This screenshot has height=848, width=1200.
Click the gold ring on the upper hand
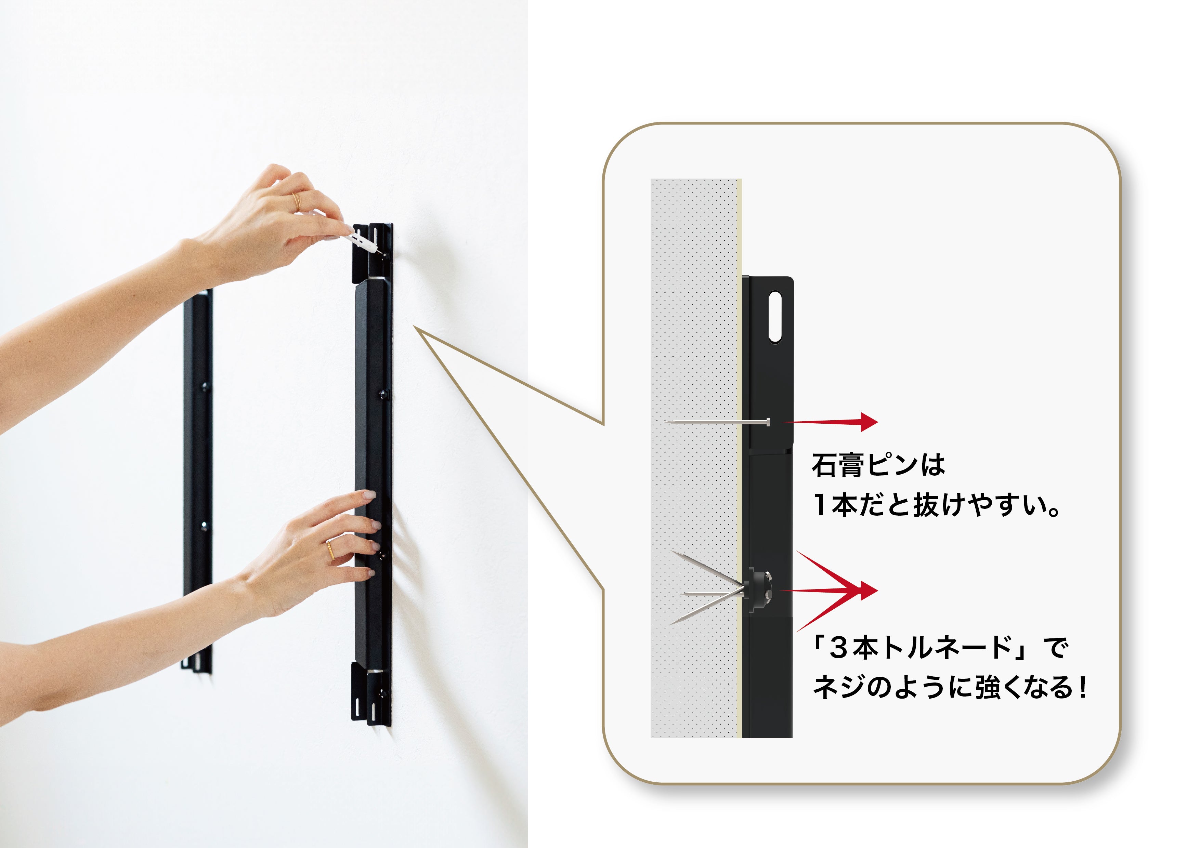point(296,202)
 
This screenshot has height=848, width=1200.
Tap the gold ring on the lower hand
point(330,550)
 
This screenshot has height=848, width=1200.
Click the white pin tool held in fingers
point(361,239)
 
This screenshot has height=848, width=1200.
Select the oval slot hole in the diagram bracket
point(775,317)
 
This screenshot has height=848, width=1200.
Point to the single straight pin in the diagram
point(718,422)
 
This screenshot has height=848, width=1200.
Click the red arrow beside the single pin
point(830,422)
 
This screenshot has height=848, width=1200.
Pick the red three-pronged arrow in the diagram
point(831,591)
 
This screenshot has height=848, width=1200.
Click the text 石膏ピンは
point(878,464)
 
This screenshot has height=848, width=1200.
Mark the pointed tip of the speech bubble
point(414,326)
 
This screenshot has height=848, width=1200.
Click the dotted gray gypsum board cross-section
point(695,458)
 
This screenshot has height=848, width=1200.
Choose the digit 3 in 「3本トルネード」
point(838,648)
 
